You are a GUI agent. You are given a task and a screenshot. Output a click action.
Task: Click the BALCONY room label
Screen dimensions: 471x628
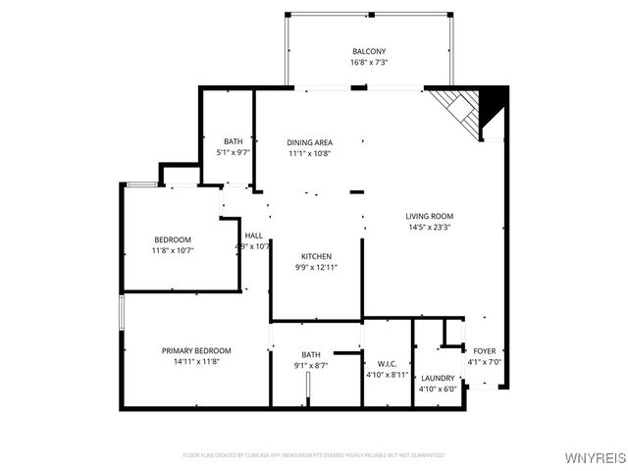click(x=369, y=52)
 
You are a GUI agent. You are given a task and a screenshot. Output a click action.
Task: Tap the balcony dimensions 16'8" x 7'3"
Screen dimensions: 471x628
click(x=369, y=62)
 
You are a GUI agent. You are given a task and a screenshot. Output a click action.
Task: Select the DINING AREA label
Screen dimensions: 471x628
click(x=309, y=142)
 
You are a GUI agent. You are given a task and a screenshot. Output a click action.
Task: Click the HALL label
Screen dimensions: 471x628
click(x=253, y=235)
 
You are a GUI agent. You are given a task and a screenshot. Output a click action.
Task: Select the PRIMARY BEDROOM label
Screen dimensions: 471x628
click(x=196, y=350)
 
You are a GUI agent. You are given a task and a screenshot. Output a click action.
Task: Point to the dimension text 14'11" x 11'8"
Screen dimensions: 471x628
click(x=196, y=361)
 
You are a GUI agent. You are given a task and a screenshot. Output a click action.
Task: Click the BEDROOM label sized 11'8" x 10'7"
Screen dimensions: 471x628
click(x=172, y=239)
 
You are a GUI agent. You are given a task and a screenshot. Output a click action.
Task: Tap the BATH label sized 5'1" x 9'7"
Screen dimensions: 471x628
click(x=233, y=141)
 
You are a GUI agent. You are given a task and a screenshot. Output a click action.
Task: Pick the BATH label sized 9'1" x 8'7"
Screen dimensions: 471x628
click(x=311, y=354)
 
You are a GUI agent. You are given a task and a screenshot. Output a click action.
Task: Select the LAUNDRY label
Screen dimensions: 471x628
click(x=437, y=378)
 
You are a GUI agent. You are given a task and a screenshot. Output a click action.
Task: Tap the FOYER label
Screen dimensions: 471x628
click(x=485, y=350)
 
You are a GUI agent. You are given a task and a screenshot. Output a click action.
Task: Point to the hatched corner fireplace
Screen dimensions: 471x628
click(x=462, y=109)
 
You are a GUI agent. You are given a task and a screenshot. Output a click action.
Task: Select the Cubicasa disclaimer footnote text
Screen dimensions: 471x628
click(x=314, y=455)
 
